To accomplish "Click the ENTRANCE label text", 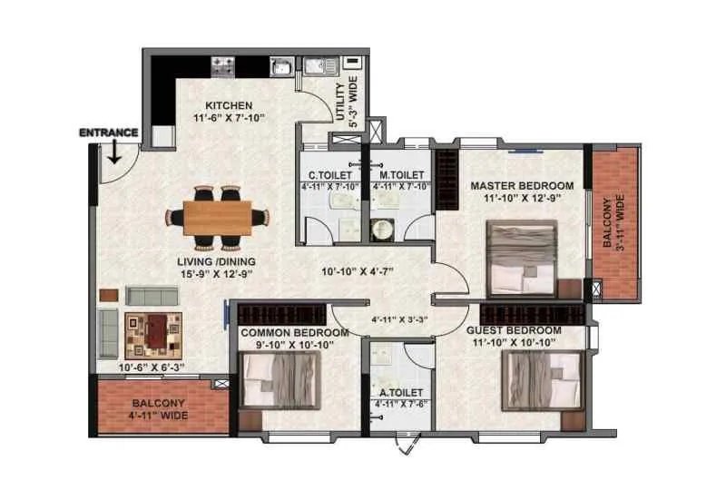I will [108, 132].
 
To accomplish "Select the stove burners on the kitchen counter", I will [223, 65].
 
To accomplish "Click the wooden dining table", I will [218, 217].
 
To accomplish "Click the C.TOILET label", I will [324, 174].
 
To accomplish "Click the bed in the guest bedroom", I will [542, 380].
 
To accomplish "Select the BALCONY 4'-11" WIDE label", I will [158, 407].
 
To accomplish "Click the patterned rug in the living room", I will [153, 333].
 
